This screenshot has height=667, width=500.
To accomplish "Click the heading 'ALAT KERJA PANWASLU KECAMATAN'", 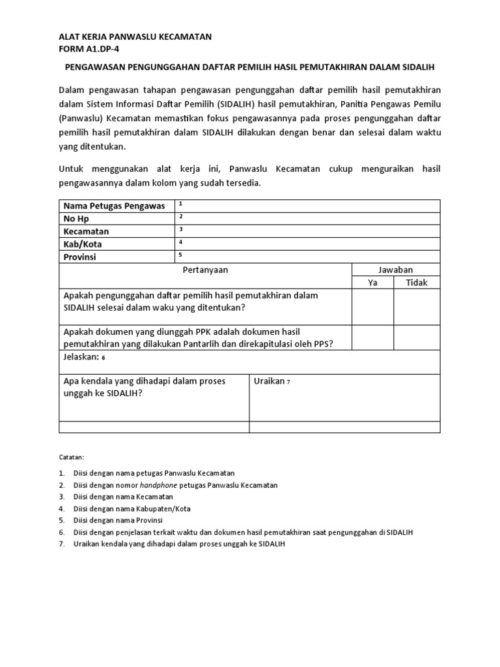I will tap(135, 37).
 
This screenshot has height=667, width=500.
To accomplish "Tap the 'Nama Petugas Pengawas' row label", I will tap(114, 206).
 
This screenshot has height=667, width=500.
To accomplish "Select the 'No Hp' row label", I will tap(76, 219).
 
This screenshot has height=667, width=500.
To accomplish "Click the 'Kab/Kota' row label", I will tap(83, 244).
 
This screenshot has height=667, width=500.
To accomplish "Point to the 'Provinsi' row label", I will tap(79, 257).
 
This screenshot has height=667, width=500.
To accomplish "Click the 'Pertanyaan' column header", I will tap(205, 270).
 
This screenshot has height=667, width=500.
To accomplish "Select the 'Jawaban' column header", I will tap(396, 270).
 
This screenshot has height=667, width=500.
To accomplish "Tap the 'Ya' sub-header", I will tap(373, 283).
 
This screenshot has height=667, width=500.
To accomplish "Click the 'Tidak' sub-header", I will tap(417, 283).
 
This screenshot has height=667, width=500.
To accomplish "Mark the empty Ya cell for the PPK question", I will tap(373, 337).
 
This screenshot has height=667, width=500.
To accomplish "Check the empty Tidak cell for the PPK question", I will tap(417, 337).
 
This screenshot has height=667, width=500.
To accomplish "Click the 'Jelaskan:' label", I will tap(81, 357).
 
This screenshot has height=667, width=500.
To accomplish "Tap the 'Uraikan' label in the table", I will tap(269, 381).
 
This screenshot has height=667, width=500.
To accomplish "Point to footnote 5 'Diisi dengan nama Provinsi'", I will tap(118, 520).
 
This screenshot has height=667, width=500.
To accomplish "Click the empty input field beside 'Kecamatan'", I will tap(307, 231).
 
